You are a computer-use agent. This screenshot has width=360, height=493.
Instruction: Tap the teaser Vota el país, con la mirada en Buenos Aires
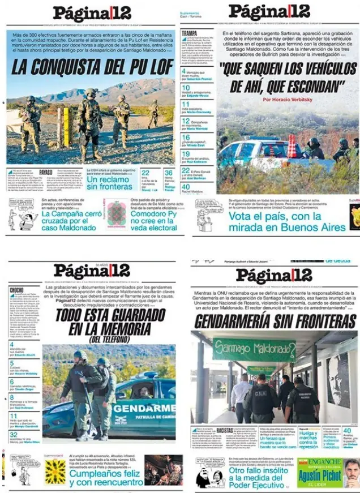(x=286, y=221)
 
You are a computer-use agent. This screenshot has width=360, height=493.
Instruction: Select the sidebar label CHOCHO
(x=16, y=290)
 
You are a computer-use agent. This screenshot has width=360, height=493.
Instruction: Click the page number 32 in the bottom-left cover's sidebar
(x=13, y=434)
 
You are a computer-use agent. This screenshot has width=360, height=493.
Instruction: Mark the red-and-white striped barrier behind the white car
(x=292, y=146)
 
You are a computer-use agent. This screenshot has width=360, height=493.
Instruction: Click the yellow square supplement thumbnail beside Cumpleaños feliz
(x=55, y=471)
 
